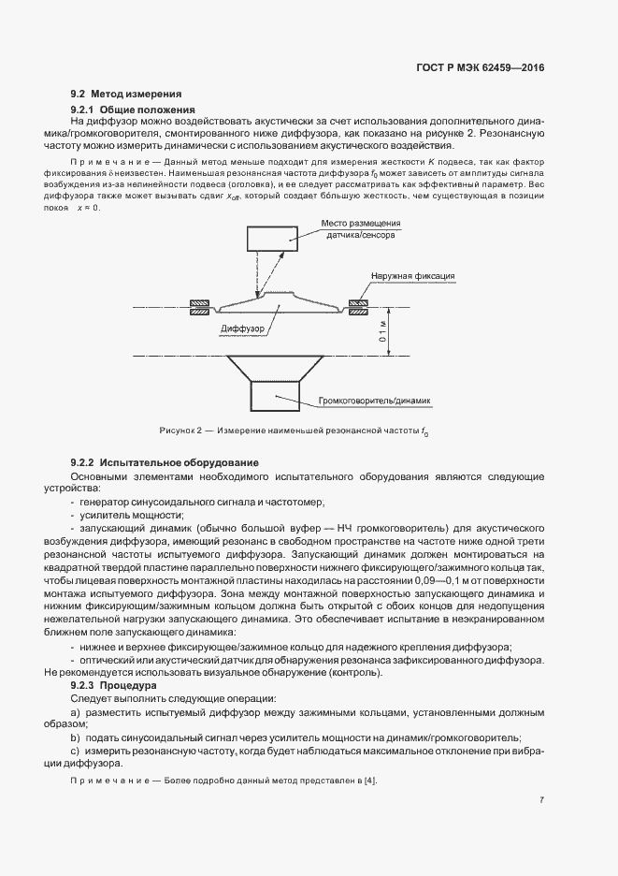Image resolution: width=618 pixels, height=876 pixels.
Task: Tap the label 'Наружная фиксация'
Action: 412,276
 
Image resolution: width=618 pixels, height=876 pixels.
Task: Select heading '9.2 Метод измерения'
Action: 126,95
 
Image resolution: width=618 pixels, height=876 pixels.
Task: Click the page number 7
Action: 542,800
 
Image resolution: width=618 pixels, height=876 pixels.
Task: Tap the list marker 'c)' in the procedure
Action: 76,752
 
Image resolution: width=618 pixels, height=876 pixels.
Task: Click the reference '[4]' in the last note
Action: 374,781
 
